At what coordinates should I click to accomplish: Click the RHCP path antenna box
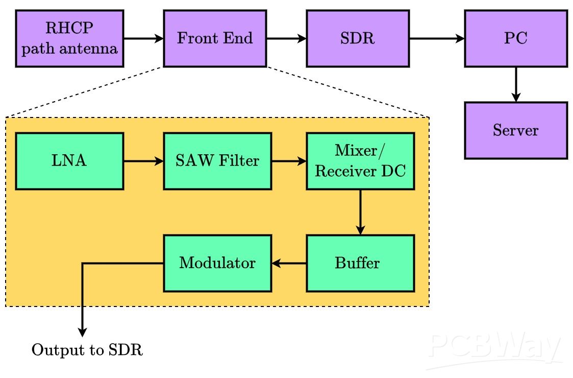(x=69, y=38)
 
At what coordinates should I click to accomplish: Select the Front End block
(x=215, y=38)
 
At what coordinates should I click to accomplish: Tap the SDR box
(x=358, y=38)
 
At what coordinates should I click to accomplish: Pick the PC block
(x=516, y=38)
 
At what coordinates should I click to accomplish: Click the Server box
(x=516, y=130)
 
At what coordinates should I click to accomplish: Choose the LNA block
(x=69, y=161)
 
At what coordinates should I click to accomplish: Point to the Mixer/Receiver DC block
(x=360, y=161)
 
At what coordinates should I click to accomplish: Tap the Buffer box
(x=360, y=263)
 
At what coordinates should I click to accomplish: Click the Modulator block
(x=217, y=263)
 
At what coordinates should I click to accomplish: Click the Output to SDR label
(x=87, y=350)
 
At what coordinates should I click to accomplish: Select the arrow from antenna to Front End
(x=143, y=38)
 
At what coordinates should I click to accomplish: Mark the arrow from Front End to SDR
(x=286, y=38)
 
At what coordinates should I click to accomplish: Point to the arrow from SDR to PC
(x=437, y=38)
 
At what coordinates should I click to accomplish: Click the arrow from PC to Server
(x=516, y=84)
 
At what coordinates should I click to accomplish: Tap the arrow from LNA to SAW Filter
(x=143, y=161)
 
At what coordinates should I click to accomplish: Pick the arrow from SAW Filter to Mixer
(x=289, y=161)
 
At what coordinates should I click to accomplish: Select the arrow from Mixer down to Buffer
(x=360, y=212)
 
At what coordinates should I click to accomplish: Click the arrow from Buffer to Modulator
(x=289, y=263)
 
